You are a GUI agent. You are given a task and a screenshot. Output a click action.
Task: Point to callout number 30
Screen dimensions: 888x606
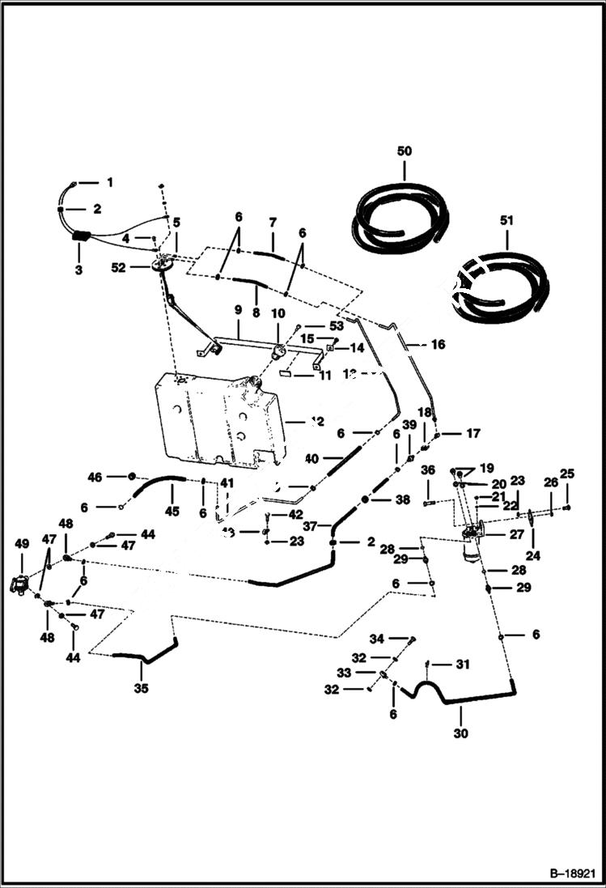[460, 734]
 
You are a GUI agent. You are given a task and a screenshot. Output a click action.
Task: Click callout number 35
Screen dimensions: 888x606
[142, 689]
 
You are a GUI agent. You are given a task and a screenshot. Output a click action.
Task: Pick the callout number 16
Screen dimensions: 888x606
[438, 344]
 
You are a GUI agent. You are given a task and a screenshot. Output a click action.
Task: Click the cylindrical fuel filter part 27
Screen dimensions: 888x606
[471, 551]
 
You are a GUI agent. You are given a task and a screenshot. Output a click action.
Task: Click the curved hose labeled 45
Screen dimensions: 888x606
[158, 482]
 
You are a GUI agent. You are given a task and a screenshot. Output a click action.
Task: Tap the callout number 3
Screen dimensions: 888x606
[78, 270]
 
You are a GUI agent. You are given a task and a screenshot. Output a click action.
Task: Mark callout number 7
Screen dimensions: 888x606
[273, 221]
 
